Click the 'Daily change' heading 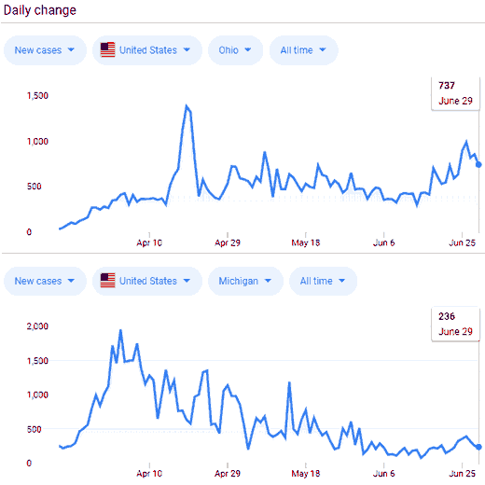(x=40, y=10)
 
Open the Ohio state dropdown (x=235, y=50)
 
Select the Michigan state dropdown (x=245, y=281)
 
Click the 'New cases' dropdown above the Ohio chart (x=45, y=50)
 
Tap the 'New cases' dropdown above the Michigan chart (x=45, y=281)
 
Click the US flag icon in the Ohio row (x=107, y=49)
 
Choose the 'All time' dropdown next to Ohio (x=303, y=50)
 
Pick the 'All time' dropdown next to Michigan (x=323, y=281)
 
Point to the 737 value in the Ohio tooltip (x=447, y=85)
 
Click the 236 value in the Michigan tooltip (x=447, y=316)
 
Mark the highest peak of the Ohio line (x=187, y=105)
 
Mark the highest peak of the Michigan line (x=120, y=330)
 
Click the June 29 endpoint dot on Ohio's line (x=478, y=164)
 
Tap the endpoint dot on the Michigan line (x=478, y=447)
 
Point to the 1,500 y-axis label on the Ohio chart (x=37, y=95)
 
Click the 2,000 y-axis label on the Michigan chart (x=37, y=326)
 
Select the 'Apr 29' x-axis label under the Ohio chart (x=228, y=242)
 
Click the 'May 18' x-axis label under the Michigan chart (x=306, y=473)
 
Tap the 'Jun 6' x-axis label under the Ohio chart (x=383, y=242)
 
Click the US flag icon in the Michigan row (x=107, y=281)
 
